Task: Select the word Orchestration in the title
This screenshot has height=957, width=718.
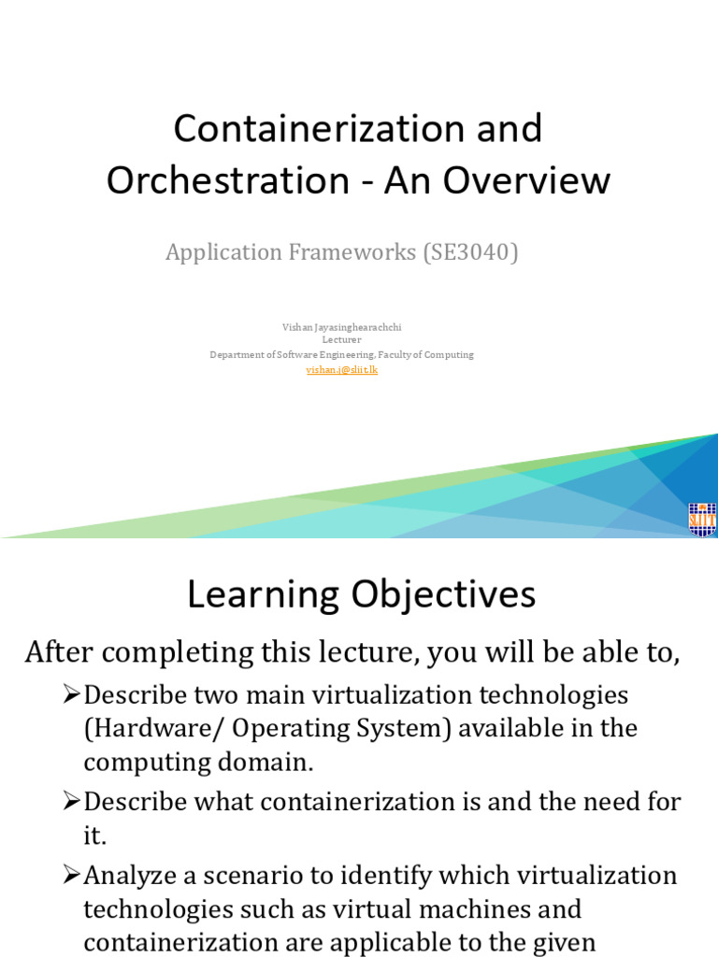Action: (223, 180)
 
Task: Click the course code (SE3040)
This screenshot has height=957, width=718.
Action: (470, 252)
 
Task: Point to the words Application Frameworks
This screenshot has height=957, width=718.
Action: (291, 252)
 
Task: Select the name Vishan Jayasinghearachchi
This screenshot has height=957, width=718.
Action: (341, 327)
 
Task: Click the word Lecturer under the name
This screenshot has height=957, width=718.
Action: (341, 340)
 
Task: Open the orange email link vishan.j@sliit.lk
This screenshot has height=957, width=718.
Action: (341, 370)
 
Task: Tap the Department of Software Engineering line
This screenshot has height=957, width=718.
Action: (341, 355)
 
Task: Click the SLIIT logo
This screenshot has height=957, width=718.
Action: (701, 519)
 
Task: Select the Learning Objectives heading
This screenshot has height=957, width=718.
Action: (361, 594)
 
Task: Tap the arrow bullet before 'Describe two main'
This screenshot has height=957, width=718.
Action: (72, 695)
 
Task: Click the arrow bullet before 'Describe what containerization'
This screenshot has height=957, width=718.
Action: (72, 802)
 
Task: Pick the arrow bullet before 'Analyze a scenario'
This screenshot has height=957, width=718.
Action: (72, 876)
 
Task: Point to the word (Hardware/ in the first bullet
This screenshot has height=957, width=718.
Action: (145, 728)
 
